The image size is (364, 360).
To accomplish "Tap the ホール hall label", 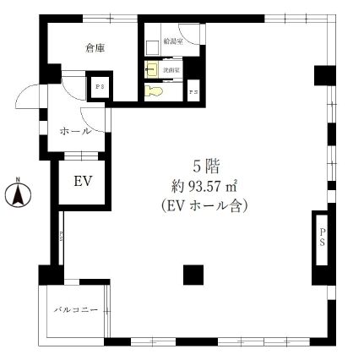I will click(75, 131).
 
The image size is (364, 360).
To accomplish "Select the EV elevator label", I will click(82, 181).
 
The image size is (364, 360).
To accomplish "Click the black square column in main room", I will click(193, 275).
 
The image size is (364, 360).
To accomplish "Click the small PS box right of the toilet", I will click(193, 90).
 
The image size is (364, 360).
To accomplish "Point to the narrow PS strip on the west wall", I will click(61, 238).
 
